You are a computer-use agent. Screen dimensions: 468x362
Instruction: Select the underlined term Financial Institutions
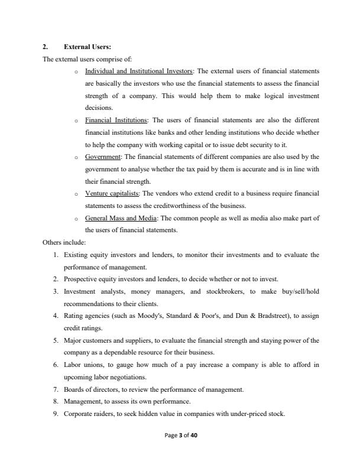117,120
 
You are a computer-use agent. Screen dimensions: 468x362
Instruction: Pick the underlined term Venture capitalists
112,193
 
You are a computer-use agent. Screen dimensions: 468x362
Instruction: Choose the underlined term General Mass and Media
121,218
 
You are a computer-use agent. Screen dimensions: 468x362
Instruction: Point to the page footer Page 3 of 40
180,435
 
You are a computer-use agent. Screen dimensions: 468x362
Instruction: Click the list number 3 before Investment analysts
56,291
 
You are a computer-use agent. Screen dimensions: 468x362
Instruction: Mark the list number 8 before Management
56,401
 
